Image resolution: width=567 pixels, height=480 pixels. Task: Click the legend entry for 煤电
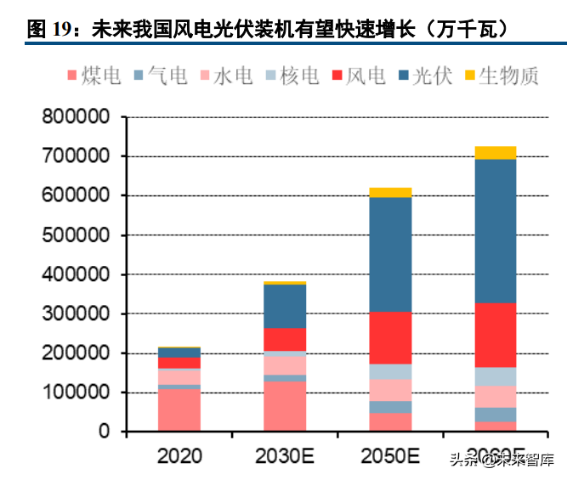click(93, 76)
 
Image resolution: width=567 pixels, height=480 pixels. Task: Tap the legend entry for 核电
click(292, 76)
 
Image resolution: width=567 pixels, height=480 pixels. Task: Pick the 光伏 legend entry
click(422, 76)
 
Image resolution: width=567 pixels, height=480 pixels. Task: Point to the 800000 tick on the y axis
click(76, 116)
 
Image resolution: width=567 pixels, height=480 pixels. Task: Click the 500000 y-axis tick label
click(76, 235)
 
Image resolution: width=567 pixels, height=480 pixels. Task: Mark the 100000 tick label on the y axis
click(76, 392)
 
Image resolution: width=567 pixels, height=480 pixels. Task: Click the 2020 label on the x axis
click(179, 456)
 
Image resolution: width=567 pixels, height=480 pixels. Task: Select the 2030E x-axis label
click(285, 456)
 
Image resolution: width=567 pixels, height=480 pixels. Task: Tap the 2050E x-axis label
click(390, 456)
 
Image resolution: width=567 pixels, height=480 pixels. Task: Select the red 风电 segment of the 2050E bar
click(390, 338)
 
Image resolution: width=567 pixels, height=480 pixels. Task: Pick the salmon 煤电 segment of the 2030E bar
click(285, 406)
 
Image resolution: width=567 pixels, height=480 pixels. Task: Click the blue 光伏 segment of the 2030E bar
click(285, 306)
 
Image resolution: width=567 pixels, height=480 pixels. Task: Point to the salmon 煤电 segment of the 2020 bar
click(179, 410)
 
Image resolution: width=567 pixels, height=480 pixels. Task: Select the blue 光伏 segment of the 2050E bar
click(390, 255)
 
